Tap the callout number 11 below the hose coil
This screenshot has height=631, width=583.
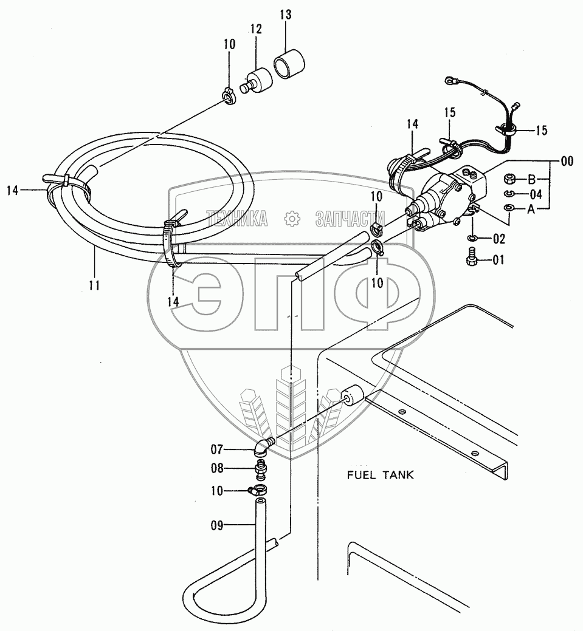95,284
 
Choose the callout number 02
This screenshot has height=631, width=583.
498,238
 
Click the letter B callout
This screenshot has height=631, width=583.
531,179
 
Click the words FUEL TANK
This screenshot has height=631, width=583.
380,475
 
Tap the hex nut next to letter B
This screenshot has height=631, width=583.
511,180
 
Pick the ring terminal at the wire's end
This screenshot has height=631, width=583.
450,78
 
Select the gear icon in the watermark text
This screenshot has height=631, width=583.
292,218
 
